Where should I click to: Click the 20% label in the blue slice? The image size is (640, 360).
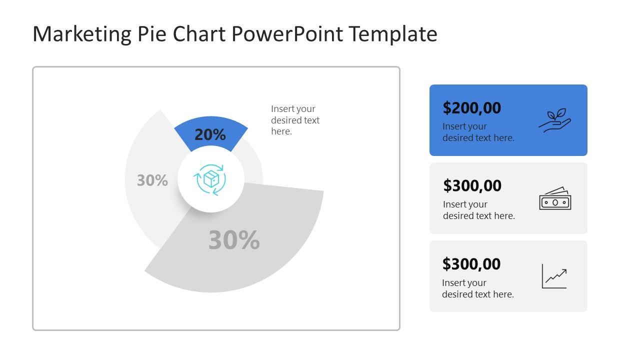click(210, 134)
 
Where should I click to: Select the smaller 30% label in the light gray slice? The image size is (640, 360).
click(152, 180)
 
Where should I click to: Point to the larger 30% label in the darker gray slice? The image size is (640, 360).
click(234, 240)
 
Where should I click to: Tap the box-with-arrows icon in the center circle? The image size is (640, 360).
click(210, 179)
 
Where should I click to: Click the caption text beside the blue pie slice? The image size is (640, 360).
click(295, 120)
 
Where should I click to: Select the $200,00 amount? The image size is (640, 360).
click(472, 107)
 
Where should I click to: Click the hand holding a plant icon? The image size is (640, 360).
click(554, 120)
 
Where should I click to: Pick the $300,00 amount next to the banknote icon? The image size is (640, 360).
click(472, 185)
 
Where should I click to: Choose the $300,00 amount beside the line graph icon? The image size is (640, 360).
click(472, 263)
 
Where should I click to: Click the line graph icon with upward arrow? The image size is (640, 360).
click(554, 276)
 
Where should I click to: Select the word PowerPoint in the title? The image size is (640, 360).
click(287, 34)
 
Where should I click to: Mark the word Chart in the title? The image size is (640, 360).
click(199, 34)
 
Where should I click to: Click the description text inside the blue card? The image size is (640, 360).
click(478, 132)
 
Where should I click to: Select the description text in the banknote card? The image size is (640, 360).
click(478, 210)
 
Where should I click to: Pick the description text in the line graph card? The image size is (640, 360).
click(477, 288)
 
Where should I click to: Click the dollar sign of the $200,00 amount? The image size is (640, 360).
click(447, 108)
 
